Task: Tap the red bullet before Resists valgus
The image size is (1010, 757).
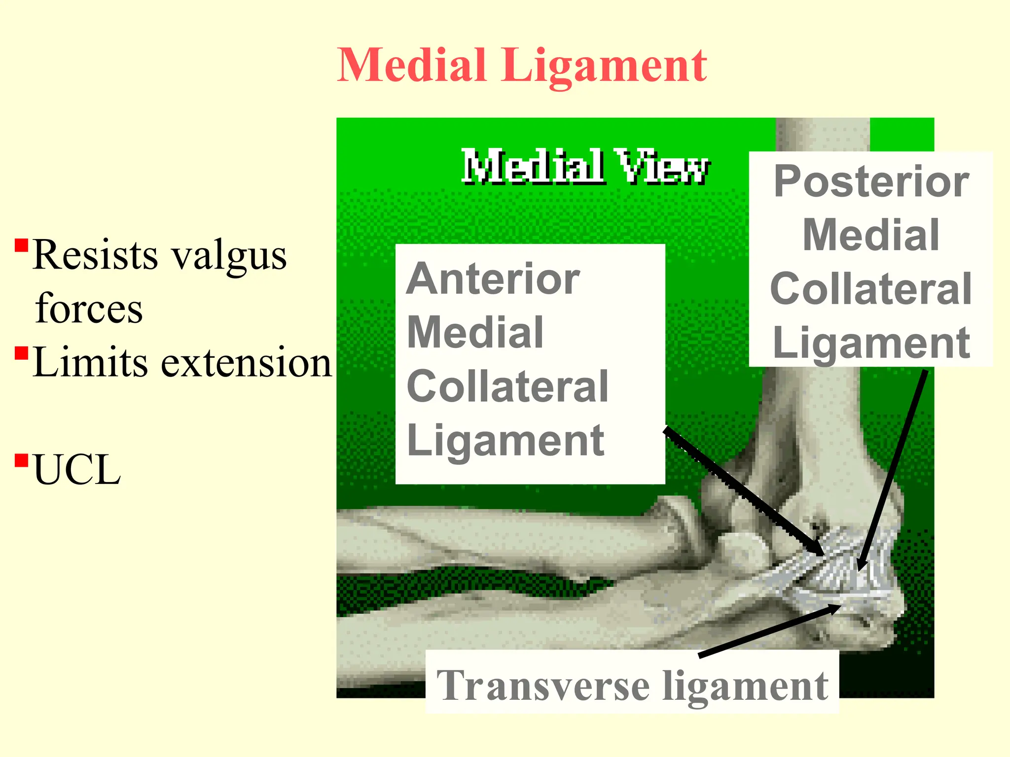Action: click(21, 245)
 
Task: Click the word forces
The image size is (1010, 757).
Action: click(89, 309)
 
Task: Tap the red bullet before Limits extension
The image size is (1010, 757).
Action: click(21, 353)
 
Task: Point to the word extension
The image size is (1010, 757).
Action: click(247, 363)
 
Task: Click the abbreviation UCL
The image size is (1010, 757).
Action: click(76, 470)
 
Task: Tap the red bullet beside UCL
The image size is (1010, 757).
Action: click(21, 460)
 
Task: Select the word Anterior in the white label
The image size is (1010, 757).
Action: click(493, 279)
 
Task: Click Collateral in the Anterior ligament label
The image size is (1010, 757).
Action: click(507, 386)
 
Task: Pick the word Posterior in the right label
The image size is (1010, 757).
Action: click(871, 181)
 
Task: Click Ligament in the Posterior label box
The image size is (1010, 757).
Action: click(871, 343)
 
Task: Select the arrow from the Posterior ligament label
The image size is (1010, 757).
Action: click(893, 468)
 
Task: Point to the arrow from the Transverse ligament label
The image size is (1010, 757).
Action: click(769, 631)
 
